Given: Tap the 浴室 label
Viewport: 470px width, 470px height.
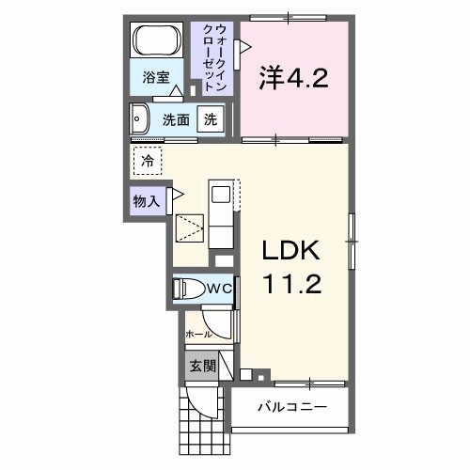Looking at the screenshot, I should (155, 78).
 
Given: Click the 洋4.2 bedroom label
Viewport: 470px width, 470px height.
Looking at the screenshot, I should (292, 78).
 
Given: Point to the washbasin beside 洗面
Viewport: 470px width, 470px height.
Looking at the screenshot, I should (142, 119).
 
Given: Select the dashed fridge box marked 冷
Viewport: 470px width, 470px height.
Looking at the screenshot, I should (148, 162).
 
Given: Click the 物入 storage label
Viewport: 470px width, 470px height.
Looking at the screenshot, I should (146, 200).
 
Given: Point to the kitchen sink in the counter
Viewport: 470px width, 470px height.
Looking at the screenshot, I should (220, 196).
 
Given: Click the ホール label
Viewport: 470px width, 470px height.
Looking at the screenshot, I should (197, 334).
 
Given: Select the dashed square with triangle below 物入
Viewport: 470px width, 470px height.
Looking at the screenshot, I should (191, 229).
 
